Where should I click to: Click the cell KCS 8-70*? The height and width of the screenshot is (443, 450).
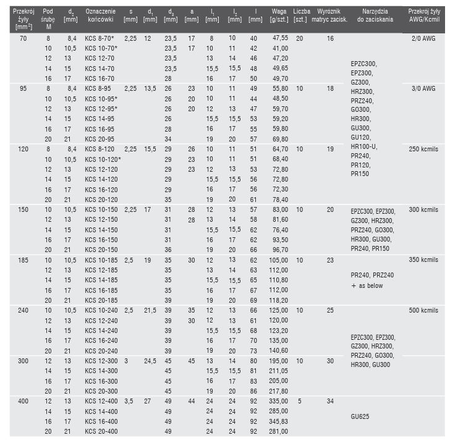(x=101, y=38)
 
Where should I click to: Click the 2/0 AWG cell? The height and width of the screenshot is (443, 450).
(x=423, y=38)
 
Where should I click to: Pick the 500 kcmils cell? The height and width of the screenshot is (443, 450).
(x=423, y=309)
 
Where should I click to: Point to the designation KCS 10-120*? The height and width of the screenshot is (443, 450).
(x=103, y=159)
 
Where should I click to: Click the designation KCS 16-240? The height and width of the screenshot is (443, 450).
(x=100, y=339)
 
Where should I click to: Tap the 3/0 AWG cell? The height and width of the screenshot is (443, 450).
(x=423, y=88)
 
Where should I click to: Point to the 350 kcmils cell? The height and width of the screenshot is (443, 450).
(x=423, y=259)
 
